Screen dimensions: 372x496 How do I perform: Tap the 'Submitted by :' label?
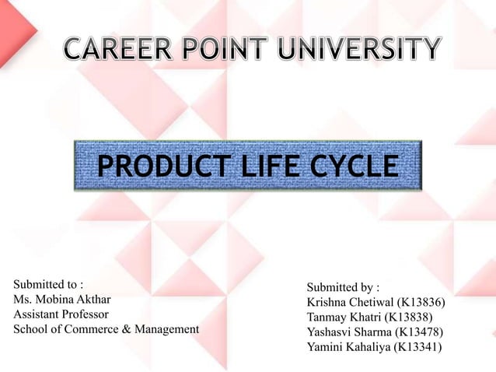click(x=343, y=288)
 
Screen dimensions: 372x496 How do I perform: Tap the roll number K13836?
click(x=421, y=303)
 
